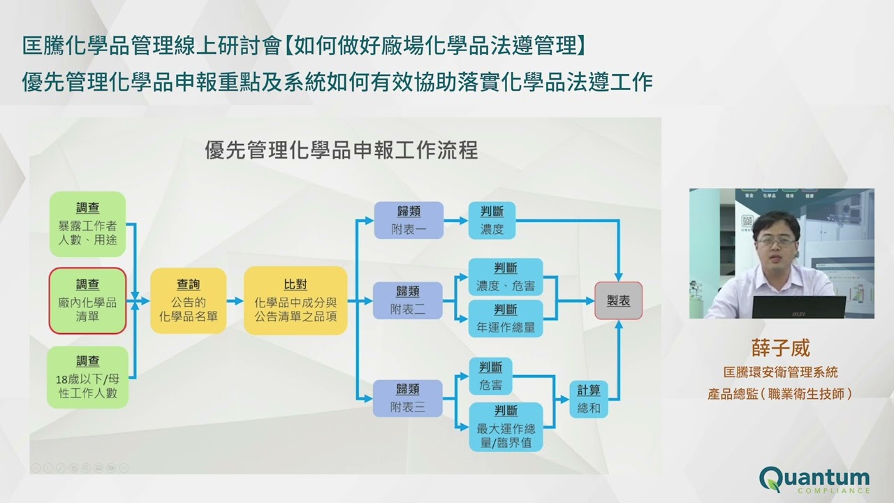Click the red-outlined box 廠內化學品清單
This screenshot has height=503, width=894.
coord(87,300)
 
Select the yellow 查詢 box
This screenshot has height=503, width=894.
coord(189,300)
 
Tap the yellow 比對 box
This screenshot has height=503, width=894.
coord(295,300)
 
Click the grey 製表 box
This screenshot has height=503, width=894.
coord(618,300)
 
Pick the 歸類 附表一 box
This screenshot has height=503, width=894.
coord(408,220)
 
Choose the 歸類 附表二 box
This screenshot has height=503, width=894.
coord(408,300)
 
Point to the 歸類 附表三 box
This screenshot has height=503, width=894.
coord(408,398)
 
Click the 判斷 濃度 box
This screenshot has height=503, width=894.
coord(492,220)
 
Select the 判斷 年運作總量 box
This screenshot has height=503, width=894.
coord(505,319)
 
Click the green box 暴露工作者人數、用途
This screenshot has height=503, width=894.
coord(87,224)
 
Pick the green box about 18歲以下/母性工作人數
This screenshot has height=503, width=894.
coord(87,377)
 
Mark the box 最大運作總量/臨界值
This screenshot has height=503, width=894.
coord(505,427)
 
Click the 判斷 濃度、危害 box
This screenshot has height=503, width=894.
coord(505,277)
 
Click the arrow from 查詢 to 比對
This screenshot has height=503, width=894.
coord(235,301)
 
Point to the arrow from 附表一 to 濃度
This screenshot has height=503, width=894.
coord(455,220)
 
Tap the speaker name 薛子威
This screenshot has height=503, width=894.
coord(781,347)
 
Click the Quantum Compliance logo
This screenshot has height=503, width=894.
coord(814,480)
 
